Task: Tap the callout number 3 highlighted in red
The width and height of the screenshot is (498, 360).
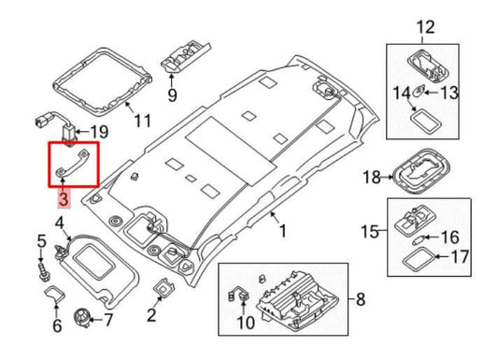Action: tap(63, 198)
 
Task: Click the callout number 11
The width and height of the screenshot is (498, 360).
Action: tap(141, 121)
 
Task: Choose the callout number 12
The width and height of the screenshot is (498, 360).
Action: tap(425, 25)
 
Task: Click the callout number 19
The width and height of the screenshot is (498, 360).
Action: tap(101, 132)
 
